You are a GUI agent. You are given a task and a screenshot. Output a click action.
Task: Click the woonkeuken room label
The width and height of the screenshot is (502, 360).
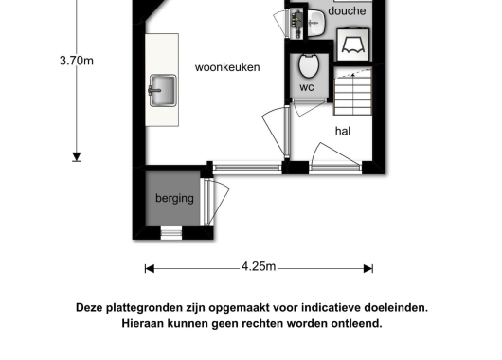(227, 67)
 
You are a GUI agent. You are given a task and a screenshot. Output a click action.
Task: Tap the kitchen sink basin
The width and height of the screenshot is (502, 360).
(163, 90)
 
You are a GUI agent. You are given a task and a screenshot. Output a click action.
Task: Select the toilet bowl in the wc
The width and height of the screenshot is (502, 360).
(309, 65)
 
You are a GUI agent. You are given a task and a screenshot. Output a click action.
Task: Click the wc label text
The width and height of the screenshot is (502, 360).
(307, 87)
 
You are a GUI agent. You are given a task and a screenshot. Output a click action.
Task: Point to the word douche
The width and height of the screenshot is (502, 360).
(347, 10)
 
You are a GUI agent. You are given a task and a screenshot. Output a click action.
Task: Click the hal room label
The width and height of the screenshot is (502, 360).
(343, 131)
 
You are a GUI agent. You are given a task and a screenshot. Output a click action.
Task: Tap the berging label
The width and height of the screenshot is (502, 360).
(174, 198)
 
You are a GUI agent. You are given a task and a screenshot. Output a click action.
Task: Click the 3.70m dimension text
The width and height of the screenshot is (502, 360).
(77, 61)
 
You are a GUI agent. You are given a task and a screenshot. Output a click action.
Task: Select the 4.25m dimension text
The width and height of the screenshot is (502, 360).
(259, 266)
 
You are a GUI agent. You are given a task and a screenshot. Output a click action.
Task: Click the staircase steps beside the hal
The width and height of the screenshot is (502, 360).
(352, 93)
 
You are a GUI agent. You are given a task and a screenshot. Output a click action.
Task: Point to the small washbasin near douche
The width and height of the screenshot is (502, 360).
(316, 23)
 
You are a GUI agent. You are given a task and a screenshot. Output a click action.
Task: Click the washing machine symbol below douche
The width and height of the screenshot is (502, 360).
(353, 45)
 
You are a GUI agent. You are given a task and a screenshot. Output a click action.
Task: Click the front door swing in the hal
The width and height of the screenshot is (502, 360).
(334, 153)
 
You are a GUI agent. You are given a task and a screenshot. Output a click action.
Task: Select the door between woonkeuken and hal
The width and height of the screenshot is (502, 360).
(275, 132)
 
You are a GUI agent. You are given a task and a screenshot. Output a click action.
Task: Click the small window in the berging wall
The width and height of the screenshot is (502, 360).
(170, 233)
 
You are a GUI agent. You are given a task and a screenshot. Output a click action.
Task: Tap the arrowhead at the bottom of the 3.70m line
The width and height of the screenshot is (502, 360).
(77, 157)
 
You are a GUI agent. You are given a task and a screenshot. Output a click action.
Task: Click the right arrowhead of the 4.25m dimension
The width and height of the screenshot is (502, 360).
(368, 269)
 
